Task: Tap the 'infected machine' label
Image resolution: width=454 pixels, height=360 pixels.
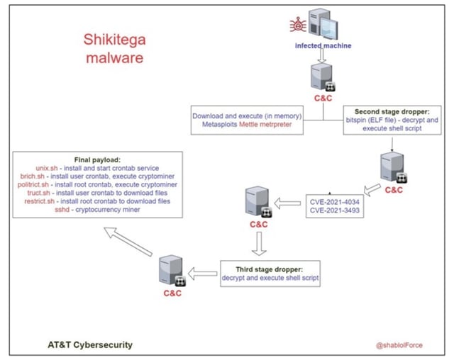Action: [323, 46]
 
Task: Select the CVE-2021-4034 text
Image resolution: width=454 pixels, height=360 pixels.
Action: [336, 200]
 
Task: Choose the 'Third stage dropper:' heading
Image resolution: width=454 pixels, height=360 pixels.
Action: [270, 269]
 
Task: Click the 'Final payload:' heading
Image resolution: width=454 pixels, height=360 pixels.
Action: [98, 159]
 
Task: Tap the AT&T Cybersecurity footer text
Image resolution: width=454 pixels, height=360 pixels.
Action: [86, 345]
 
